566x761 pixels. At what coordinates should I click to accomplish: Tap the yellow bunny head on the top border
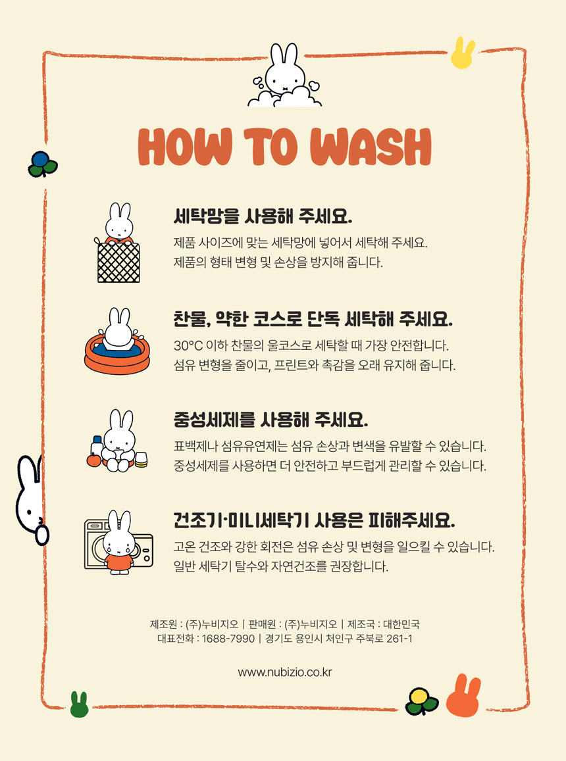(462, 53)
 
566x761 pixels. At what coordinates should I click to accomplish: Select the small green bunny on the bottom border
(79, 704)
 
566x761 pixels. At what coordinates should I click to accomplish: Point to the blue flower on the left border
(42, 164)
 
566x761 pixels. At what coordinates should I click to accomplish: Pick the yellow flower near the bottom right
(421, 701)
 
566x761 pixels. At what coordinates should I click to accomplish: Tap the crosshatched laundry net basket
(118, 262)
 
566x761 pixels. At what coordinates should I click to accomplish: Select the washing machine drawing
(118, 543)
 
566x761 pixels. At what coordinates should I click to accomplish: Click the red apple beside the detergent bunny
(93, 459)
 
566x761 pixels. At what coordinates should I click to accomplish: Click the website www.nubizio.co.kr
(285, 672)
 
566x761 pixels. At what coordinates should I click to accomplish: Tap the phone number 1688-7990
(228, 639)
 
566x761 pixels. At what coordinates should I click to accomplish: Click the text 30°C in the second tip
(188, 346)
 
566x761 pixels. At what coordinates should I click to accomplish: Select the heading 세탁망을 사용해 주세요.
(263, 216)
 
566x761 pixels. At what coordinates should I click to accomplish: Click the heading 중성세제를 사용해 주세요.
(271, 420)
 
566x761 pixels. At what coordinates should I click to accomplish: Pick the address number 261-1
(399, 639)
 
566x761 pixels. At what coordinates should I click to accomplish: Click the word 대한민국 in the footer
(401, 624)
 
